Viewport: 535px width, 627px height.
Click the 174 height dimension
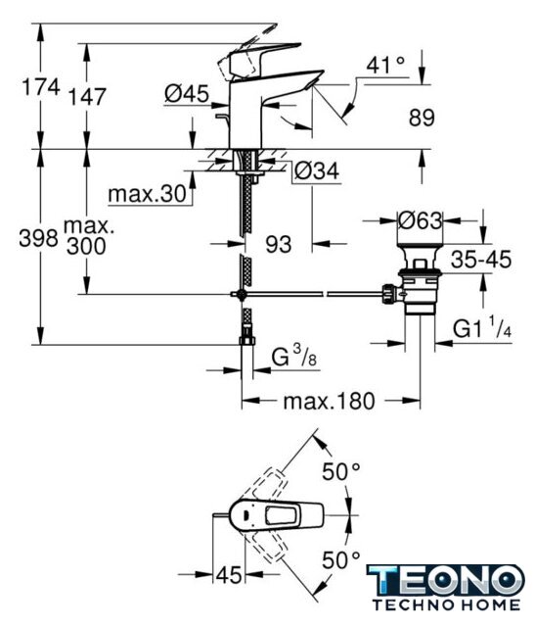tap(41, 87)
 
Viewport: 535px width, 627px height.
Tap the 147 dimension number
tap(87, 97)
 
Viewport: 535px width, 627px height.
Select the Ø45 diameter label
tap(187, 94)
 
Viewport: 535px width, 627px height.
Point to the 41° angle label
tap(385, 65)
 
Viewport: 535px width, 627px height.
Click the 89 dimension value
tap(422, 118)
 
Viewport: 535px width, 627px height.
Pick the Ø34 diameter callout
tap(317, 170)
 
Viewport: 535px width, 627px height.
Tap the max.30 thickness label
tap(148, 194)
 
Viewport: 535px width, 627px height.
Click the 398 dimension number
tap(39, 239)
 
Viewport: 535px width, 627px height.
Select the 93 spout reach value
tap(279, 244)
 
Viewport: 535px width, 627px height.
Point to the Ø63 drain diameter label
tap(420, 220)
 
